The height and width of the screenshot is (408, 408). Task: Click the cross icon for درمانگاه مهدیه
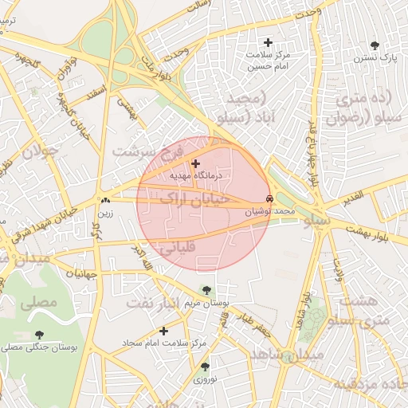pyautogui.click(x=196, y=163)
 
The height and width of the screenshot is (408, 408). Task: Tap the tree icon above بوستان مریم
pyautogui.click(x=206, y=291)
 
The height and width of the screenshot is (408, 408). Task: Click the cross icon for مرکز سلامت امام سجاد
pyautogui.click(x=164, y=331)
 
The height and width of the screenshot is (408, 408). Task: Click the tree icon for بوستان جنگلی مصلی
pyautogui.click(x=40, y=335)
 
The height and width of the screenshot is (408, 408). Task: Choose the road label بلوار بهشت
pyautogui.click(x=375, y=232)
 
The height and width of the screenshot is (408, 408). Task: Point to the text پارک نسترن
pyautogui.click(x=377, y=58)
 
